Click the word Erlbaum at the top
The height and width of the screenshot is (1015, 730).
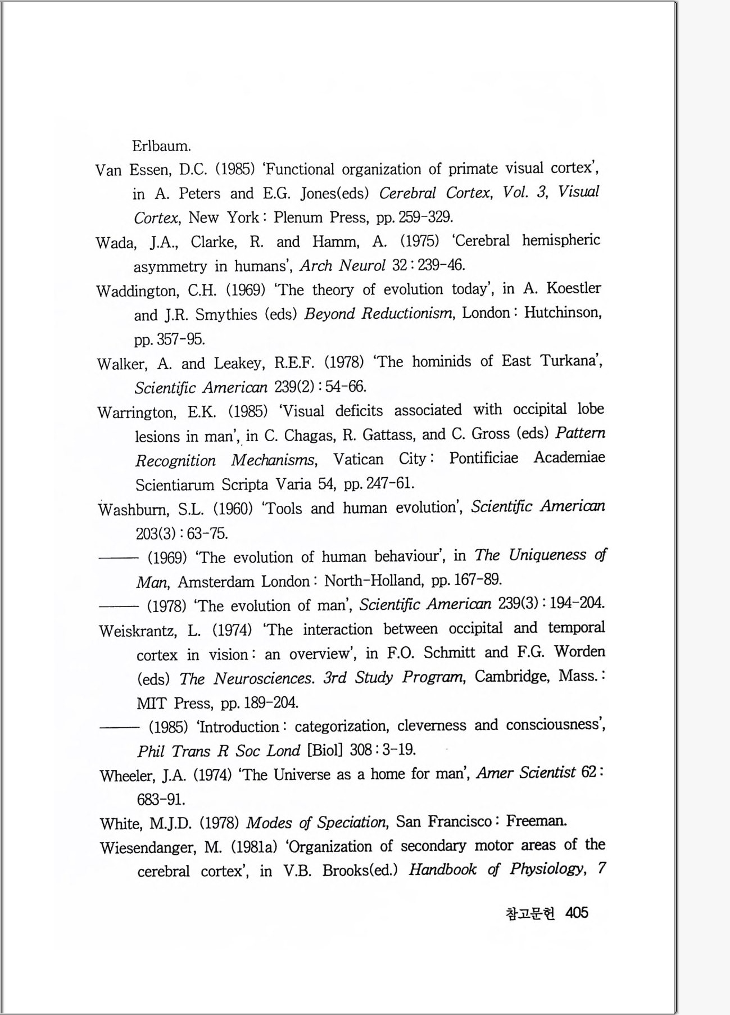[161, 146]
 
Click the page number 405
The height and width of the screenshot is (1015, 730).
[577, 913]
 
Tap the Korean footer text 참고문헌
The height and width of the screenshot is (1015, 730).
[530, 914]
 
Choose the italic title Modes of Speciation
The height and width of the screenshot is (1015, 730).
[316, 823]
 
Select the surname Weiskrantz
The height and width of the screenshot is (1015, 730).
[139, 631]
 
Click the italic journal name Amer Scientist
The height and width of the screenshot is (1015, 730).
[526, 773]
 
